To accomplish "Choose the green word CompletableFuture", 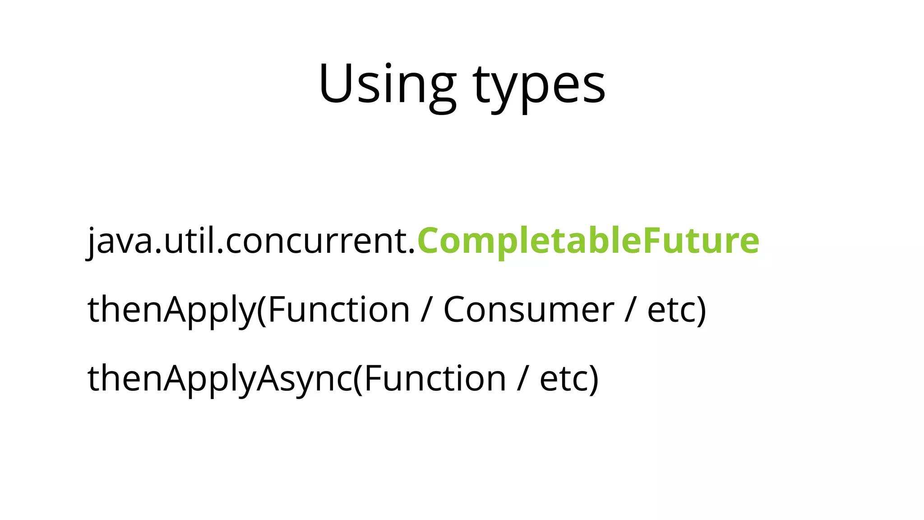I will [588, 241].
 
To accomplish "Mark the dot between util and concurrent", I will [220, 251].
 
